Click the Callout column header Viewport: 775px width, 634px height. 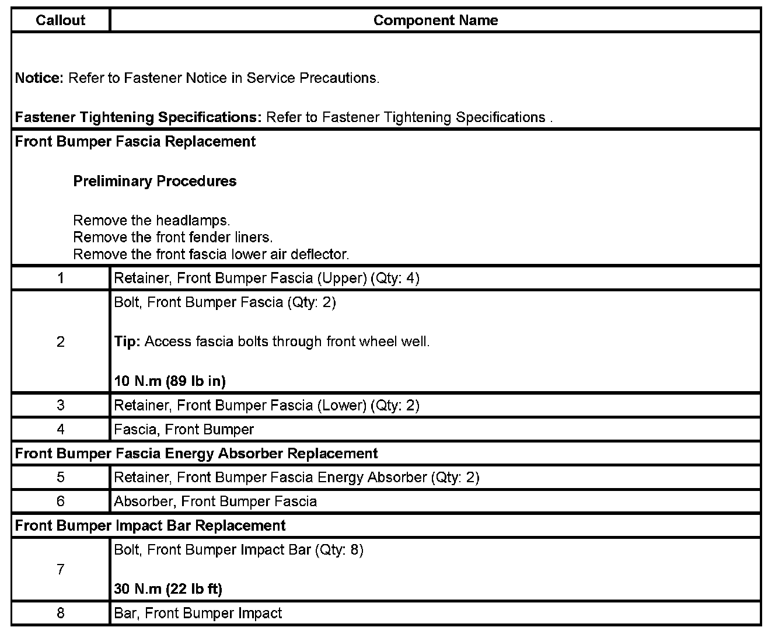pos(60,20)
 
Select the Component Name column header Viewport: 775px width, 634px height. pos(435,20)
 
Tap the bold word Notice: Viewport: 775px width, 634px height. pos(39,78)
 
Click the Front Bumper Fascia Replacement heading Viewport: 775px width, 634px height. pos(135,142)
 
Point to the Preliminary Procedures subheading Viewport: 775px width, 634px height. pos(155,182)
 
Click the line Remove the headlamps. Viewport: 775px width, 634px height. pos(152,221)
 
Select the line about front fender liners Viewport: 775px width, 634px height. pos(173,238)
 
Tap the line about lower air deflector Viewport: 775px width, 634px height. pos(211,255)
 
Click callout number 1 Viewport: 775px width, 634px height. pos(61,278)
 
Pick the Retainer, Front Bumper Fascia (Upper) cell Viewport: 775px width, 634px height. pos(267,278)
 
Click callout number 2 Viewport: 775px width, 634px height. pos(61,342)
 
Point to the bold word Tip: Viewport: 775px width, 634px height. pos(127,342)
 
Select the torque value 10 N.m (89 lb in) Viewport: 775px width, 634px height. pos(170,382)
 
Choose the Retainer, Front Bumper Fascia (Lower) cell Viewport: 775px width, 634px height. pos(267,406)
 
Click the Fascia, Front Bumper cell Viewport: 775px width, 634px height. pos(184,430)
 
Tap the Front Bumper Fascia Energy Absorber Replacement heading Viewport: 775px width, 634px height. pos(197,454)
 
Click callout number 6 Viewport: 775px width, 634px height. pos(61,501)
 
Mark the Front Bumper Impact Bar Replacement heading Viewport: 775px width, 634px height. pos(151,525)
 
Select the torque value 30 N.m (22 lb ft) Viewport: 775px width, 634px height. pos(168,589)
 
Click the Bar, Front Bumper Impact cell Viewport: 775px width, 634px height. pos(198,614)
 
